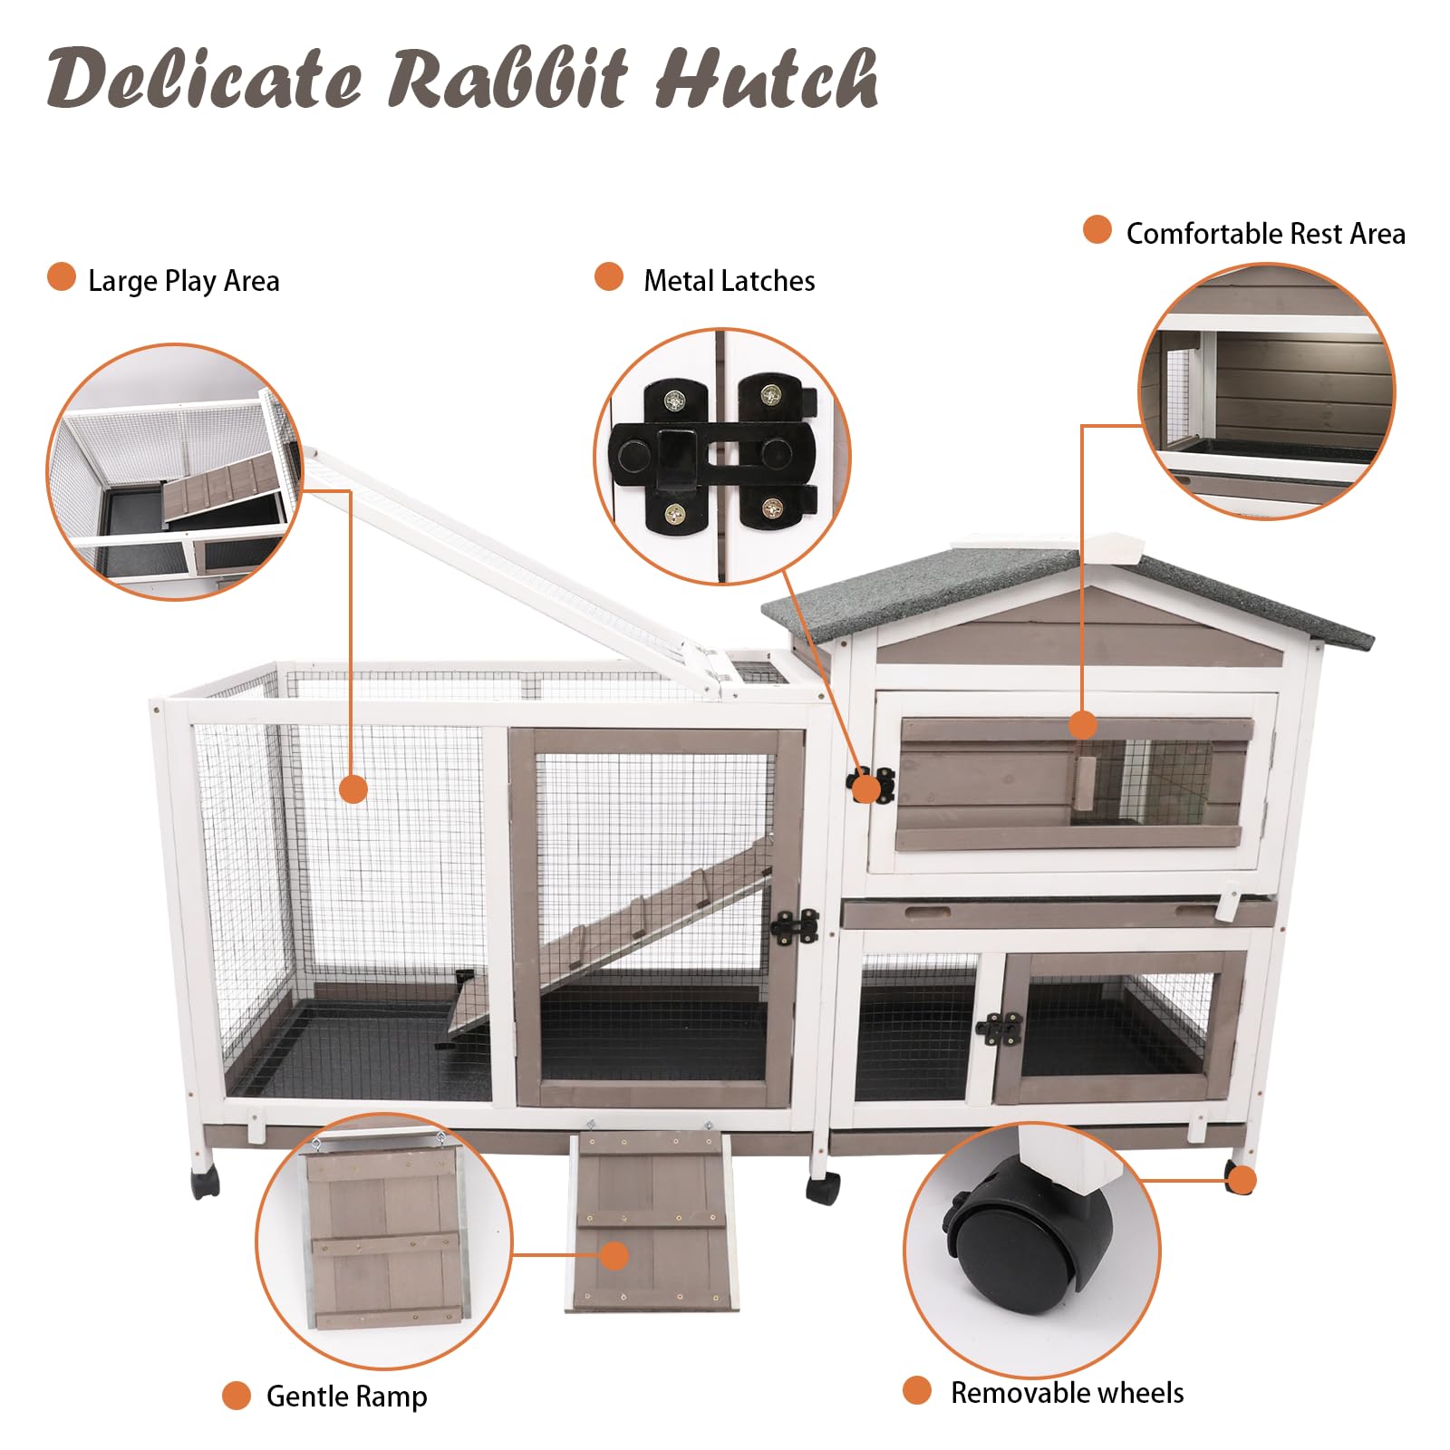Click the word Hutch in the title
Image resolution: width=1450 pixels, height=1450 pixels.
tap(766, 80)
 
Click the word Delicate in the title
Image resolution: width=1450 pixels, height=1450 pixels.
tap(204, 80)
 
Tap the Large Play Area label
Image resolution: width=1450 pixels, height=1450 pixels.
tap(183, 281)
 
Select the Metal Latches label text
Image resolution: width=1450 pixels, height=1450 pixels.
tap(729, 281)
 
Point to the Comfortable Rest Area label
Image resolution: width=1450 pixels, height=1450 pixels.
tap(1265, 234)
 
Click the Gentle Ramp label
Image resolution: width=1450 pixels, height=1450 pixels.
tap(346, 1396)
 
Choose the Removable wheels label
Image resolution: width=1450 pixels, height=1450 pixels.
tap(1067, 1392)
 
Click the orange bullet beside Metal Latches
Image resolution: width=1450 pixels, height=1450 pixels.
tap(609, 277)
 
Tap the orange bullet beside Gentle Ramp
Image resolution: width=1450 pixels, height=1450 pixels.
tap(237, 1395)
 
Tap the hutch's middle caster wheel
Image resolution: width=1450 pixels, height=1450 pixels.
tap(823, 1187)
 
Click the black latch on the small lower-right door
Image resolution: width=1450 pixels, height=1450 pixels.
tap(999, 1029)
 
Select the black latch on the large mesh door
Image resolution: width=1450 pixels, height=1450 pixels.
tap(795, 927)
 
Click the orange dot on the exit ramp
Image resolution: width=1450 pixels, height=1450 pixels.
tap(614, 1256)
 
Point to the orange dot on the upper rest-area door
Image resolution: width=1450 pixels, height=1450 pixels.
tap(1082, 725)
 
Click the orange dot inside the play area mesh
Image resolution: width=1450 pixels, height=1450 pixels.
tap(353, 788)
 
